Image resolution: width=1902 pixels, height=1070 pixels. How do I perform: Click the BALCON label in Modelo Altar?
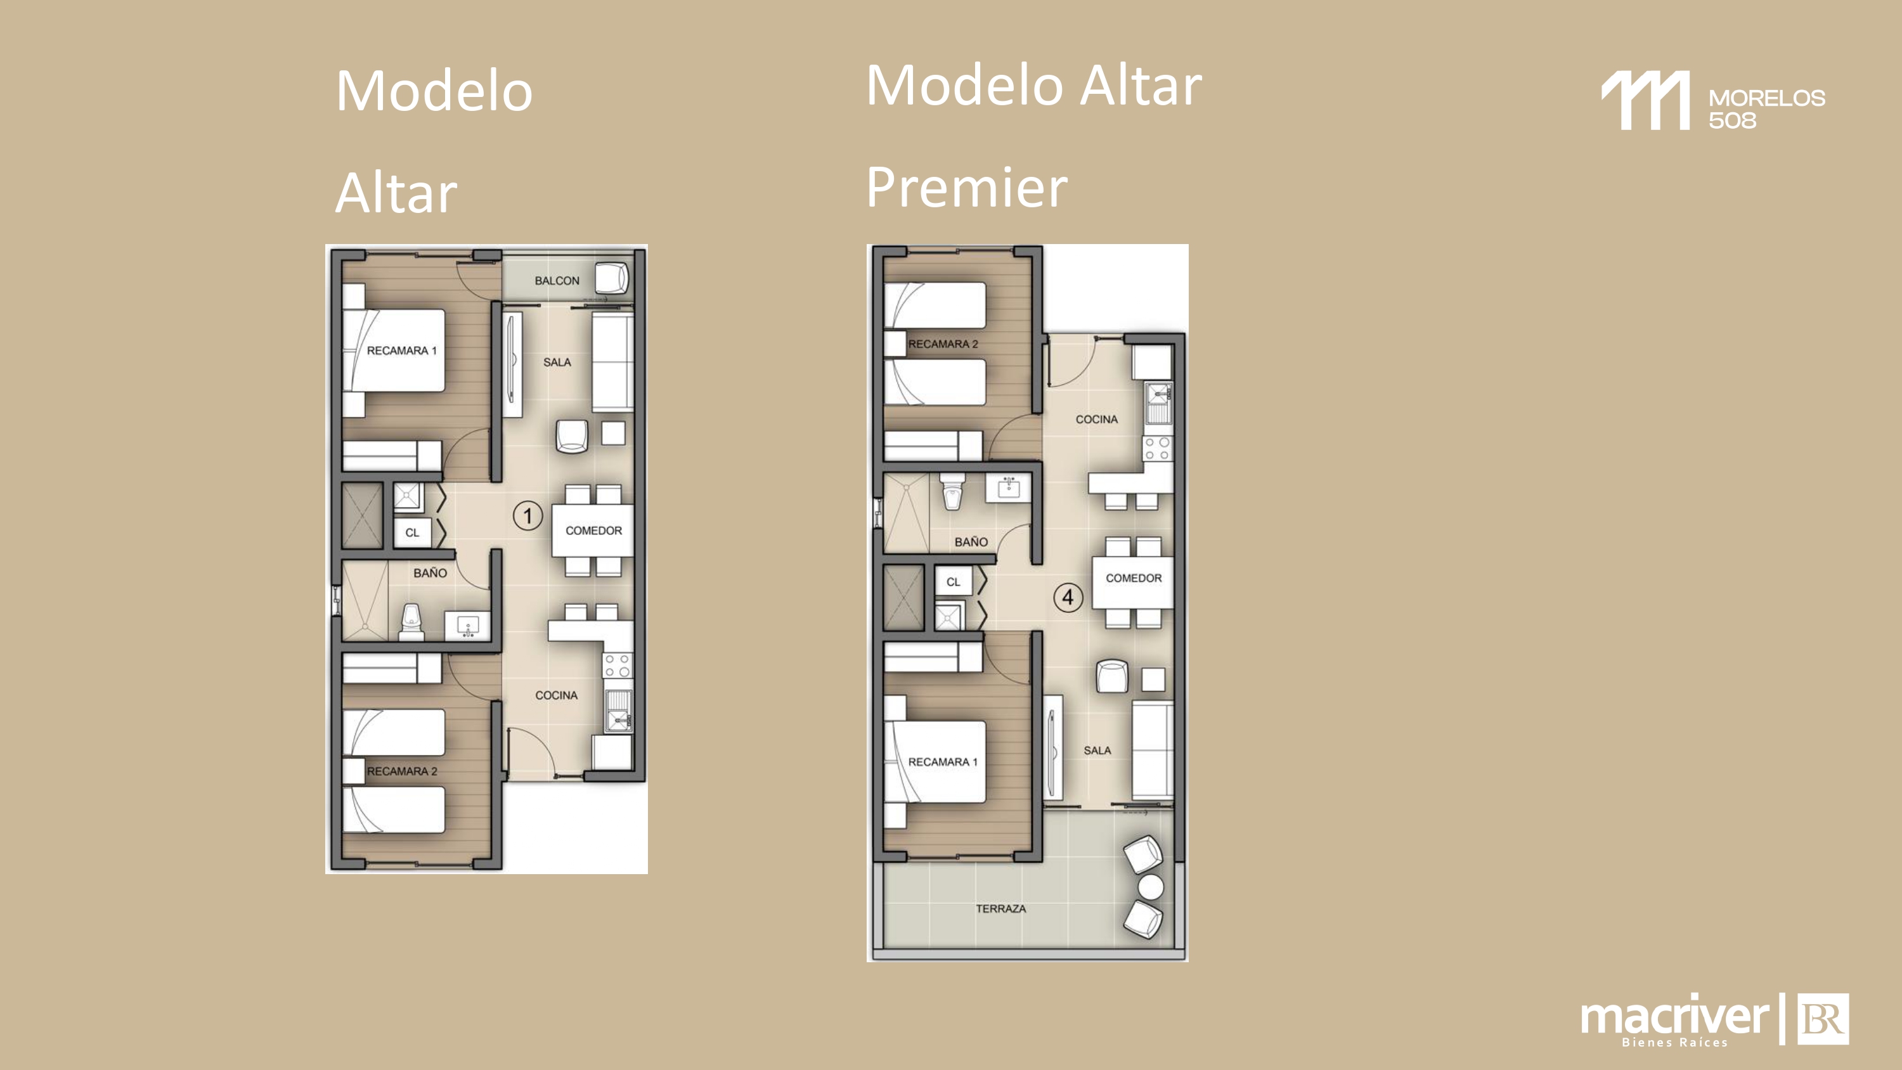[557, 281]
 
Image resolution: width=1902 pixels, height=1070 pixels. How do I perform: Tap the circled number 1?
[527, 515]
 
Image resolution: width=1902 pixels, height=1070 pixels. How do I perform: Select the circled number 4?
[1068, 596]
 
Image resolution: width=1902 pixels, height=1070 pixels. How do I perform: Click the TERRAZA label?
[1000, 908]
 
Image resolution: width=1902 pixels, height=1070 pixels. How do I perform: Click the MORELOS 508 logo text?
[1766, 108]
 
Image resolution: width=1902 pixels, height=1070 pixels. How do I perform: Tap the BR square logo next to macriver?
[1822, 1019]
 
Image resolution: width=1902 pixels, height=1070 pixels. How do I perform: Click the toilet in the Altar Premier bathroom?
[952, 491]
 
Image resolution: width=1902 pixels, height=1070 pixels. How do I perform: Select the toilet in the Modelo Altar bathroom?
[411, 622]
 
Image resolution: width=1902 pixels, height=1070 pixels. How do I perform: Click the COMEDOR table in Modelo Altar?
[592, 530]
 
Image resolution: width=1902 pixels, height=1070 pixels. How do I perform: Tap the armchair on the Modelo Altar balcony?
[611, 278]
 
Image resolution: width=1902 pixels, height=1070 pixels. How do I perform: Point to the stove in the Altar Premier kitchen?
[1157, 448]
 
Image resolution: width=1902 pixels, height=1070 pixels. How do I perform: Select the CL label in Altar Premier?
[953, 582]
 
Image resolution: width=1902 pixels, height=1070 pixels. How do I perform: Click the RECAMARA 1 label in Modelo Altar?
[402, 350]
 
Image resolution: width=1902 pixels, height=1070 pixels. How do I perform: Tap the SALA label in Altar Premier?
[1097, 751]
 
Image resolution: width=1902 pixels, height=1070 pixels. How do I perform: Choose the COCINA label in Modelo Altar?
[556, 695]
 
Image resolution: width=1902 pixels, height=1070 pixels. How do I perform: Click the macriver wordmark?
[1674, 1017]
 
